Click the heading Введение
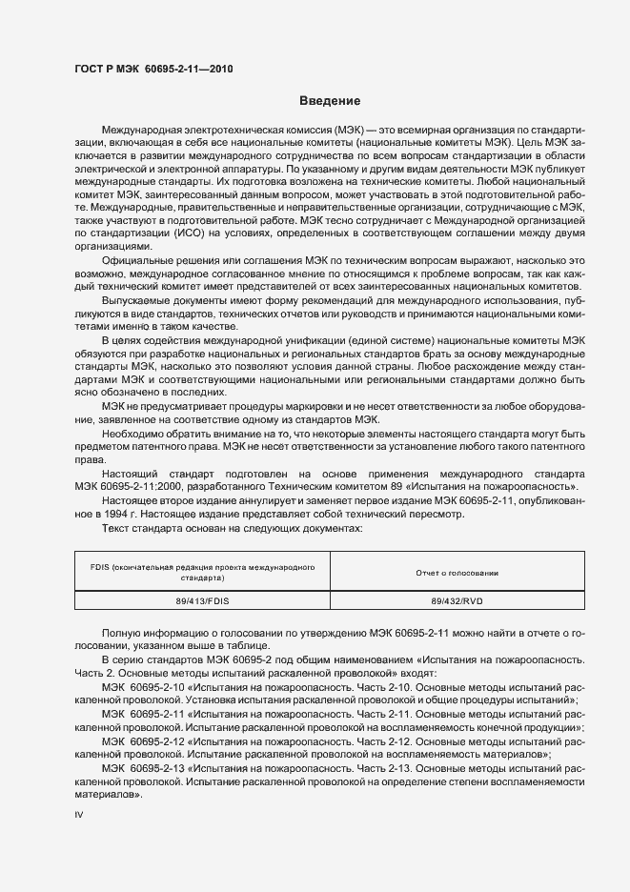330,101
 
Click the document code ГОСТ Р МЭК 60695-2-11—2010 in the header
153,69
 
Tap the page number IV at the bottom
79,817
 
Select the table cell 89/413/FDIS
202,602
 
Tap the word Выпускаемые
134,299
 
